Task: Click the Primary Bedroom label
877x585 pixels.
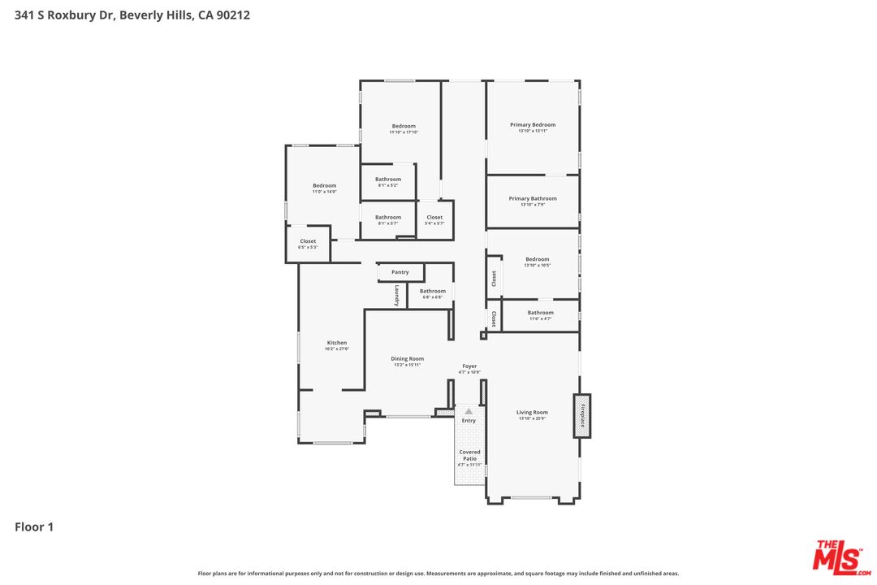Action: pos(533,125)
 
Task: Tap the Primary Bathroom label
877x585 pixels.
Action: pos(533,198)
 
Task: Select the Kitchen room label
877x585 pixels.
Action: pos(337,343)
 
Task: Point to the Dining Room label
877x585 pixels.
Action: pos(408,358)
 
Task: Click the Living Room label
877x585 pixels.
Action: pos(532,413)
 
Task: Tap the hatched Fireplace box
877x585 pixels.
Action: pos(581,416)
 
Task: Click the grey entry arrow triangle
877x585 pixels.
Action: pos(469,412)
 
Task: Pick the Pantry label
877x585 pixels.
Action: pos(400,272)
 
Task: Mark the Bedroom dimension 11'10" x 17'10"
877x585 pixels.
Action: pos(404,132)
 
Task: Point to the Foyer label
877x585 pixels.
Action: pos(469,366)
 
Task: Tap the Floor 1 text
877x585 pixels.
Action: pos(34,527)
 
